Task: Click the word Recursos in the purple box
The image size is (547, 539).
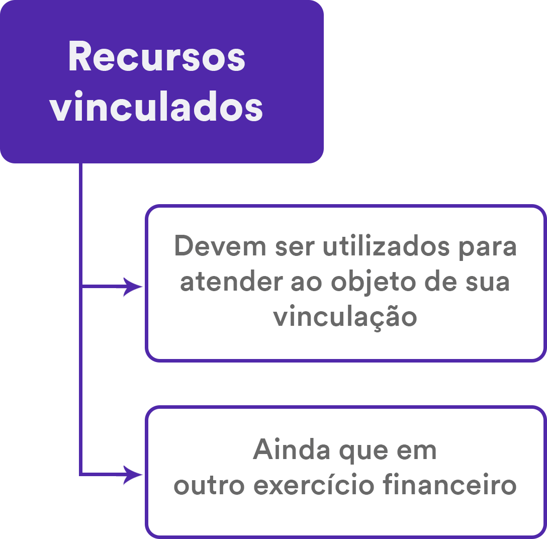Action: click(156, 57)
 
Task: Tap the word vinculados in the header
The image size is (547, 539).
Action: click(156, 108)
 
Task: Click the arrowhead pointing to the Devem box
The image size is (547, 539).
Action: click(135, 287)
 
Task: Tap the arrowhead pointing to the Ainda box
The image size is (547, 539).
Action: click(135, 474)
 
